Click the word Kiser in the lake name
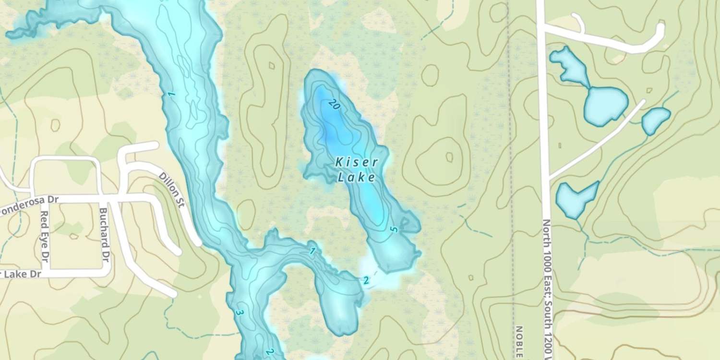pos(356,162)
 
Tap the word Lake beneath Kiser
pos(356,178)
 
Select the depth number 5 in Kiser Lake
pos(394,230)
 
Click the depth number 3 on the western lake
pos(240,313)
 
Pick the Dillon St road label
pos(172,190)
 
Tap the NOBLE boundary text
pos(519,342)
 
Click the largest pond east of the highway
pos(605,105)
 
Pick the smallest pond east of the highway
pos(655,120)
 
